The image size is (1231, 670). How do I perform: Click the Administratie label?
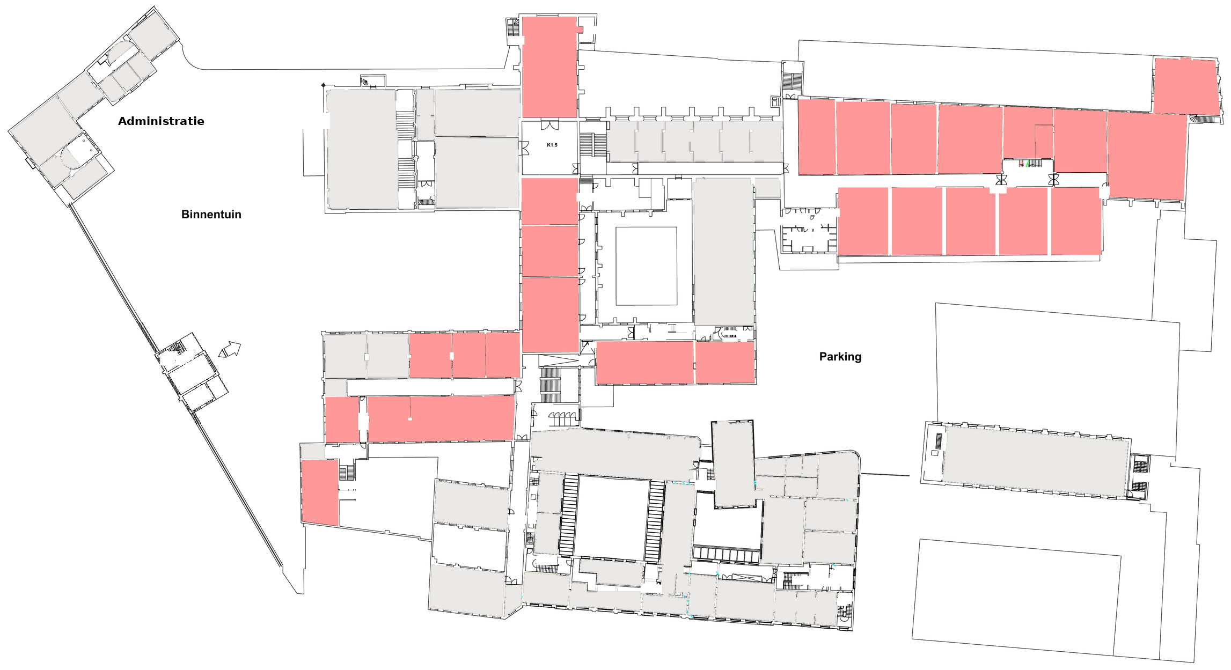tap(161, 121)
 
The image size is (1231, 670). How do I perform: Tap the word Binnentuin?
tap(211, 215)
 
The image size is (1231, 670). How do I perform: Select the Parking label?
tap(840, 357)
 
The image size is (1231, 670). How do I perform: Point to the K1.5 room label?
tap(552, 145)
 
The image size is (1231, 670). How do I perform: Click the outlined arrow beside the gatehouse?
tap(230, 350)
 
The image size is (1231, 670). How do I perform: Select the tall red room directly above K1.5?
tap(549, 67)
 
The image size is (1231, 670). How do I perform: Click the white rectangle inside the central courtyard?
tap(646, 266)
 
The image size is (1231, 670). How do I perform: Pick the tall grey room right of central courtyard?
tap(723, 252)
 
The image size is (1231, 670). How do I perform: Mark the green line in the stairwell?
tap(1027, 164)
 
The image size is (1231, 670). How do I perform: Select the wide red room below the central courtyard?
tap(644, 363)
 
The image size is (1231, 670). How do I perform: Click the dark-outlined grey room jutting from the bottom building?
tap(733, 463)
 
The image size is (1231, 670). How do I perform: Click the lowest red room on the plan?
tap(320, 492)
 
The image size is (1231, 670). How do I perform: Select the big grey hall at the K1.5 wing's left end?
tap(362, 149)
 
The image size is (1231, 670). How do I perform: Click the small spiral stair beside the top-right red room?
tap(1194, 118)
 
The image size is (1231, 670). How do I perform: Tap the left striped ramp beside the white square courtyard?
tap(568, 515)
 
